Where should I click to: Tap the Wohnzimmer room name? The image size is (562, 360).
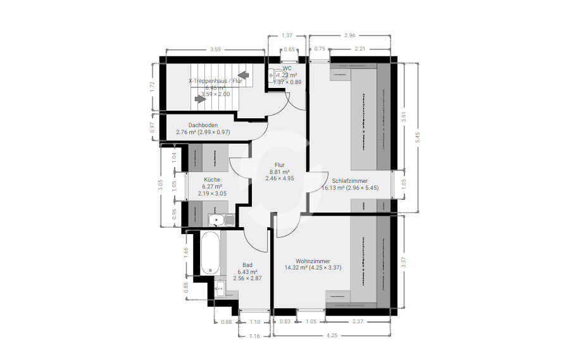click(313, 261)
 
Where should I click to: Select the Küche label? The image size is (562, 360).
click(212, 180)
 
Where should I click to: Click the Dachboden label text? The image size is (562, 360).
click(203, 125)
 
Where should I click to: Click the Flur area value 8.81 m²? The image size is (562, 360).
click(280, 172)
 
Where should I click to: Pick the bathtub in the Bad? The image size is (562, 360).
click(211, 252)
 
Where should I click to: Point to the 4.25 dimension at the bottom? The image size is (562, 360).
click(332, 335)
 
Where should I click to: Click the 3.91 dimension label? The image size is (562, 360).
click(403, 116)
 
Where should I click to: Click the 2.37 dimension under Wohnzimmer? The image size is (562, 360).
click(358, 321)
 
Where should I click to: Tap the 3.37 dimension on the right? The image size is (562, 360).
click(403, 263)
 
